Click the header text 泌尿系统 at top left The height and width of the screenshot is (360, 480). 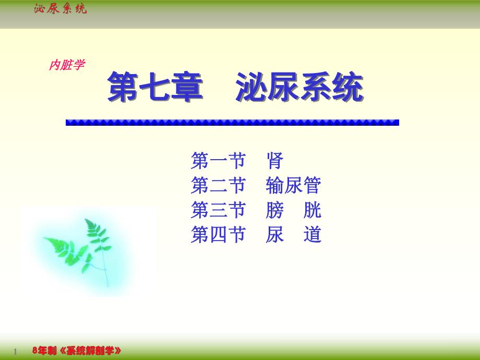click(x=60, y=8)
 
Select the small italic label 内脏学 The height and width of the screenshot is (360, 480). click(x=66, y=65)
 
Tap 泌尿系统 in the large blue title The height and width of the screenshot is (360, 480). click(x=299, y=88)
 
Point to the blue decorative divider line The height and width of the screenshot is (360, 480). click(x=232, y=123)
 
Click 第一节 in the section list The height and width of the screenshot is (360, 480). click(x=218, y=161)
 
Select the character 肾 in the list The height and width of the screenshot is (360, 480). click(x=275, y=161)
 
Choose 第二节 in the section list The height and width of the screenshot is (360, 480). click(x=218, y=186)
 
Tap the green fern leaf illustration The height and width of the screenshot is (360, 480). click(x=83, y=245)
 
